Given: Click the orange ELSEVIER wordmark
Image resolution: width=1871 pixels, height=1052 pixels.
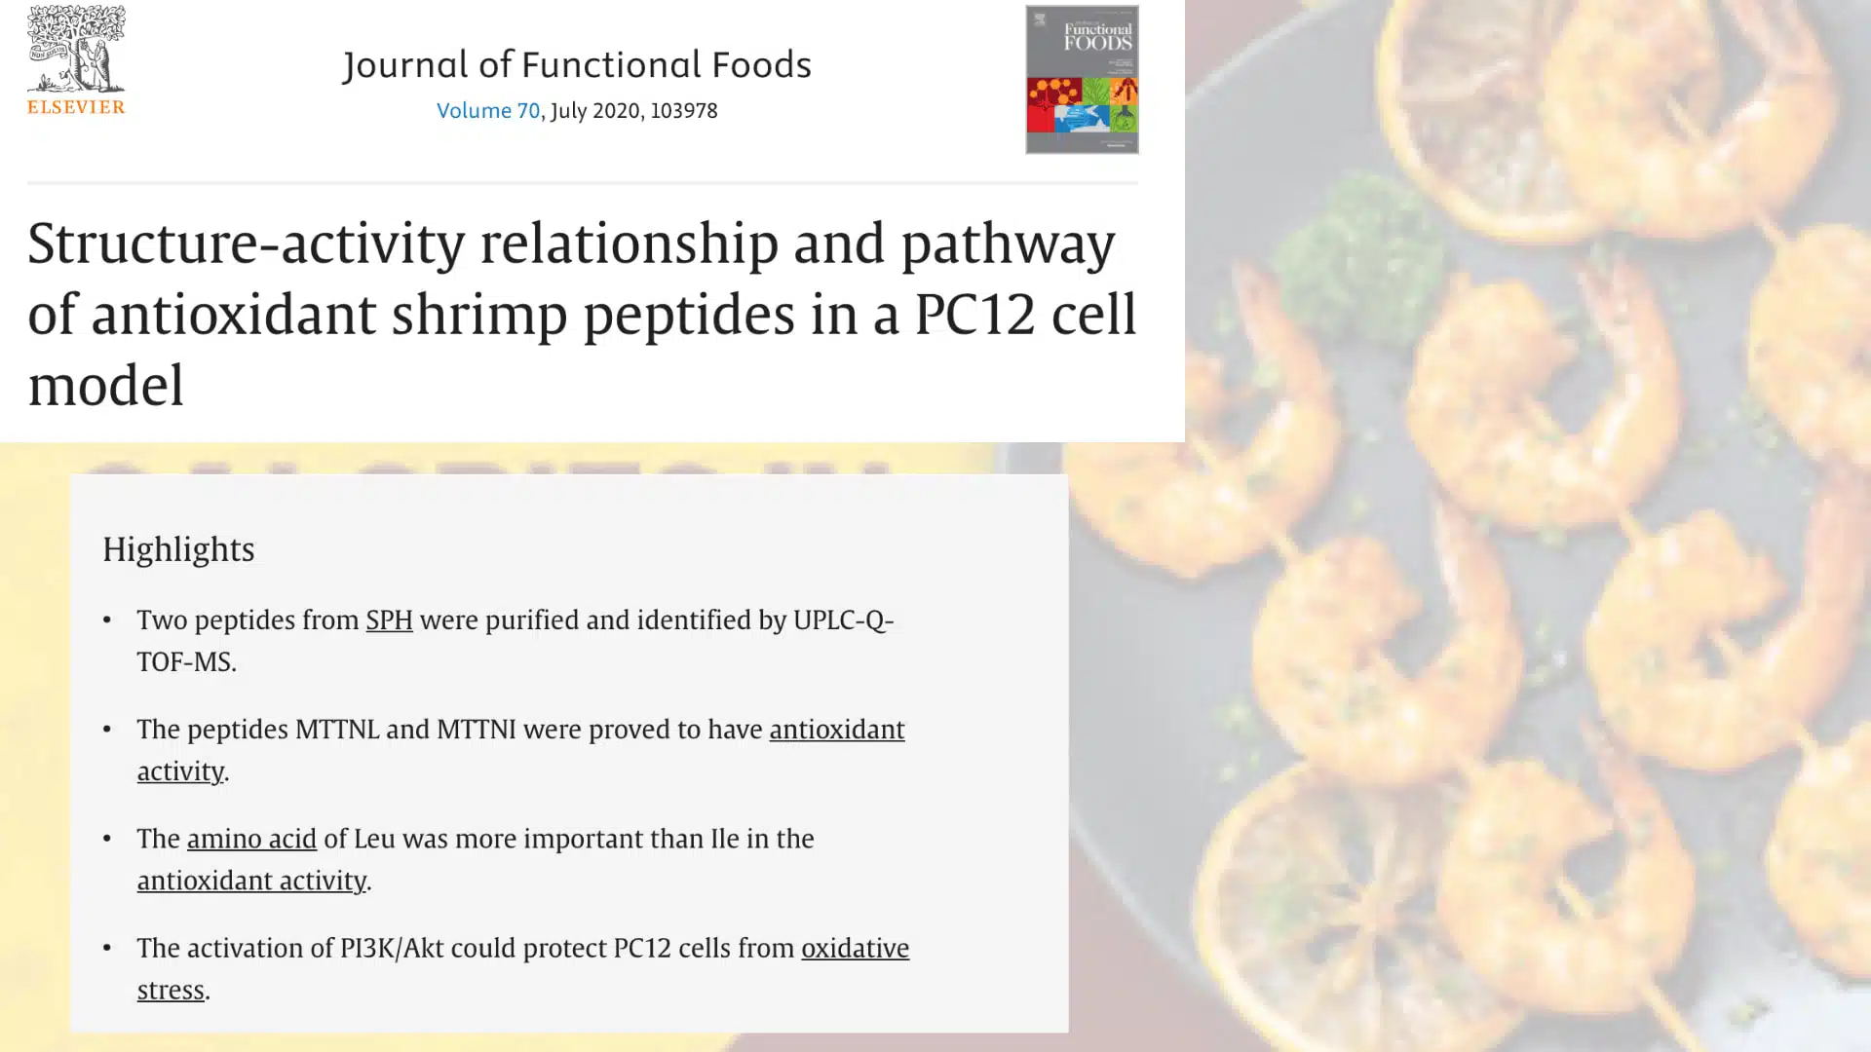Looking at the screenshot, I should tap(76, 106).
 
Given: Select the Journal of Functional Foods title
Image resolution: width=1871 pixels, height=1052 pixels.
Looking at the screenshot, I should tap(577, 65).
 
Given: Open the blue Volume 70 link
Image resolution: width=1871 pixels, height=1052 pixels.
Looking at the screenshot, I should tap(487, 111).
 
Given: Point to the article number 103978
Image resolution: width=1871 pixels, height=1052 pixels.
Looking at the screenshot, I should tap(683, 111).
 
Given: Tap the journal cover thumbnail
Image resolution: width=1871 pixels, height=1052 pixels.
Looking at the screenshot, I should tap(1082, 80).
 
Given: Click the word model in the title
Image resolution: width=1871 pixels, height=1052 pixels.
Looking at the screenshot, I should tap(105, 386).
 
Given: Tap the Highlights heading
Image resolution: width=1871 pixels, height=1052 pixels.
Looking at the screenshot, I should tap(178, 549).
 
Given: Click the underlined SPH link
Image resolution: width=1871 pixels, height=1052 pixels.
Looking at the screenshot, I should tap(389, 620).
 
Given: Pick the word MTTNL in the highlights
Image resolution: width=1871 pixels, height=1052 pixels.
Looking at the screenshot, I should tap(336, 730).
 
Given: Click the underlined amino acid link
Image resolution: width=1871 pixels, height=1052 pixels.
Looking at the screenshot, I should tap(251, 839).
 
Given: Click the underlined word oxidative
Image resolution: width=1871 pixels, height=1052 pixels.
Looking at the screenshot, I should tap(855, 948).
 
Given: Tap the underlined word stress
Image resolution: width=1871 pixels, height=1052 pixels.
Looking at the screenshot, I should tap(171, 990).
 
